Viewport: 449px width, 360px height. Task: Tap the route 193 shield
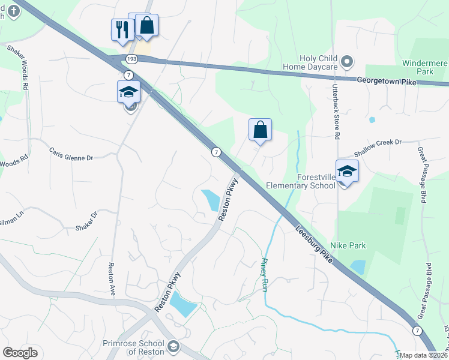tap(131, 58)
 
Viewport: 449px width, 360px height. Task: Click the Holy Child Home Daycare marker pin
tap(346, 61)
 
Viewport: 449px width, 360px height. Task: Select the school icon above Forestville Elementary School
tap(347, 172)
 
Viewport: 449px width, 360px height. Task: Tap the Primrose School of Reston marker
tap(173, 346)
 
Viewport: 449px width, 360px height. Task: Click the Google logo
tap(20, 353)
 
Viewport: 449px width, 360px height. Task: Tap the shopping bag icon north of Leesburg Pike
tap(260, 130)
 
